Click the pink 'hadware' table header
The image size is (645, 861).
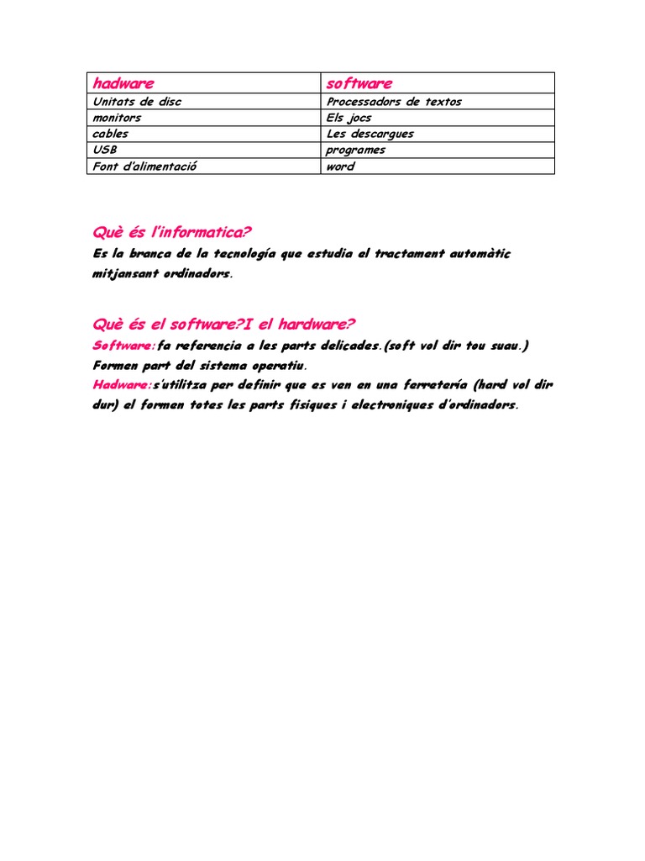pos(123,83)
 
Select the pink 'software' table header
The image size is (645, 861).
pos(359,83)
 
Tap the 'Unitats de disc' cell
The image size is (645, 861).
pos(137,102)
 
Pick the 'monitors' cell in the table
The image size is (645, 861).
pos(118,118)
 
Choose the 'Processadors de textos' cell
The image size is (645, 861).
pos(394,102)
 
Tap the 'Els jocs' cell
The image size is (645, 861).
pos(349,118)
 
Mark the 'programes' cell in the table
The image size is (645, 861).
pos(356,150)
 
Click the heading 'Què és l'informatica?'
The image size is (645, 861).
pos(172,232)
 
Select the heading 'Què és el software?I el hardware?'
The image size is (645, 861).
pos(224,325)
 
